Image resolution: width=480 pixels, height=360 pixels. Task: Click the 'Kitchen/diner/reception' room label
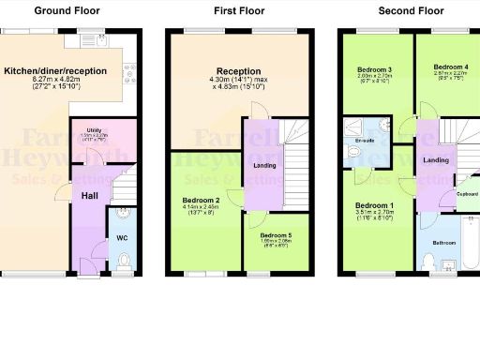click(x=53, y=71)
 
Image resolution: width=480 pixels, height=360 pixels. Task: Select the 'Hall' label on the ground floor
click(x=90, y=196)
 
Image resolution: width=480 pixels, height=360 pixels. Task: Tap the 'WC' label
click(x=122, y=237)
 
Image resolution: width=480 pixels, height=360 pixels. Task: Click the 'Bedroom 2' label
click(x=201, y=200)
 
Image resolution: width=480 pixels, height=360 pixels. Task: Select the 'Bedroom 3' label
click(x=376, y=69)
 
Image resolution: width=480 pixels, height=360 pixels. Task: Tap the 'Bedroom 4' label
click(x=451, y=67)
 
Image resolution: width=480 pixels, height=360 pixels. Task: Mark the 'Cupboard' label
click(x=467, y=195)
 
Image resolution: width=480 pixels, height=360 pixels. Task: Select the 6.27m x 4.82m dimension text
click(x=53, y=82)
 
